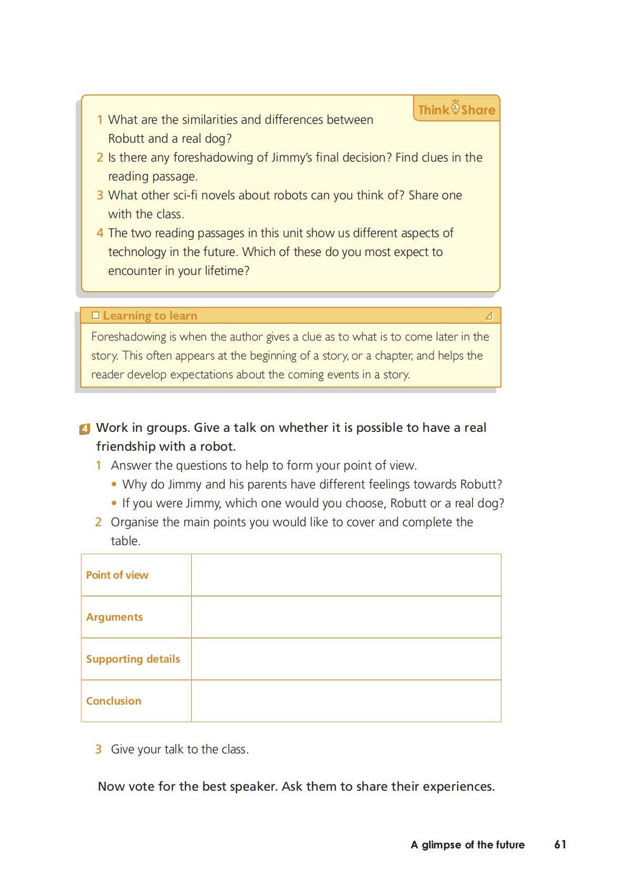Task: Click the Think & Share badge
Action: click(x=456, y=109)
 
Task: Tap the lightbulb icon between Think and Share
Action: click(x=455, y=107)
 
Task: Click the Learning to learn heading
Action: click(x=150, y=315)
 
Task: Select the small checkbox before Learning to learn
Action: click(x=96, y=315)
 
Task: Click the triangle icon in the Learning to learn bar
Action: click(x=489, y=315)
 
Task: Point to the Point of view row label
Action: click(x=117, y=575)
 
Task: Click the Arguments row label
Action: click(x=114, y=617)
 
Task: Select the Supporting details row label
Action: click(x=133, y=659)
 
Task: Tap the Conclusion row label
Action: click(x=113, y=701)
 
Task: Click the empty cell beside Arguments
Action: click(x=346, y=617)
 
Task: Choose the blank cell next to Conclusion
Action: click(x=346, y=701)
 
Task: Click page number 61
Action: click(x=560, y=844)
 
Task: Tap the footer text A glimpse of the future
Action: click(x=467, y=845)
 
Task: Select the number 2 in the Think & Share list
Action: click(x=100, y=157)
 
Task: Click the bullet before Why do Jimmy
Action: click(x=114, y=484)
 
